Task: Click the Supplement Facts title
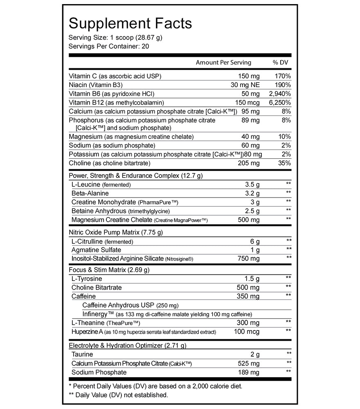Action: pos(130,23)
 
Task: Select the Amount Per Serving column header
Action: pos(223,63)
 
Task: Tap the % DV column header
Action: pos(281,63)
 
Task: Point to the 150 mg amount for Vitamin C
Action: pos(249,76)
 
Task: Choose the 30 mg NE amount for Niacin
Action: pos(245,85)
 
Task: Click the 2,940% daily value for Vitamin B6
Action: pos(280,94)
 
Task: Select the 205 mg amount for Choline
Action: pos(249,163)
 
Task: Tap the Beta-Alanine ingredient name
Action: pos(90,193)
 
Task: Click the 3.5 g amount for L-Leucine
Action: pos(252,184)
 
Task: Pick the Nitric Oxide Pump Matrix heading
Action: pos(116,232)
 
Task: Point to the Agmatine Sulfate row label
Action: pos(96,250)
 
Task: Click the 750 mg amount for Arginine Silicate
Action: pos(249,258)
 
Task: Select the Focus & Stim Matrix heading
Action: pos(109,270)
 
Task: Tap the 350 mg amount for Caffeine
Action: pos(249,296)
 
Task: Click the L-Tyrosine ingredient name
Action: pos(87,279)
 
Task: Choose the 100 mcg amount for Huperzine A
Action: pos(247,332)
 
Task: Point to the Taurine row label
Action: pos(82,354)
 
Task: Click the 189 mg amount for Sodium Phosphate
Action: pos(249,372)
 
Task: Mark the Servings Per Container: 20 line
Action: pos(109,46)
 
